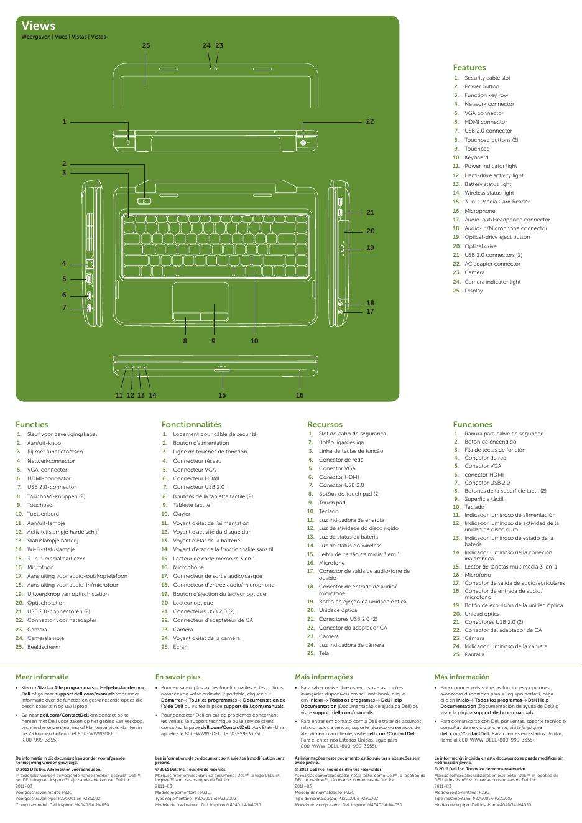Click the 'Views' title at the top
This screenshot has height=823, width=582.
click(x=38, y=26)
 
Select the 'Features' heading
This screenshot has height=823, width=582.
click(x=469, y=67)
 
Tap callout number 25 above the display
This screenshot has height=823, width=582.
click(x=146, y=45)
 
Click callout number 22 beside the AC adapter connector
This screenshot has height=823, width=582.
click(x=370, y=121)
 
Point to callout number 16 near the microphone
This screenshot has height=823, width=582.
click(x=300, y=395)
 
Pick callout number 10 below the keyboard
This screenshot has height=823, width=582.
click(x=254, y=341)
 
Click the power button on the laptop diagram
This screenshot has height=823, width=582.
click(x=144, y=200)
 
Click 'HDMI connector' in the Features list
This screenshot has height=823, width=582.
click(x=486, y=122)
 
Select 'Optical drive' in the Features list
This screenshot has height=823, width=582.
click(x=481, y=246)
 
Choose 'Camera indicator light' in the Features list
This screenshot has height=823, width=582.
click(x=492, y=282)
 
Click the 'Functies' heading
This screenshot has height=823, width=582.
click(x=32, y=424)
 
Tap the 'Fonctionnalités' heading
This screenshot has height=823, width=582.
click(x=191, y=424)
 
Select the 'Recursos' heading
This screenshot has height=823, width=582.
click(x=325, y=424)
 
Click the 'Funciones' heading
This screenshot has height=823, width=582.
click(x=473, y=424)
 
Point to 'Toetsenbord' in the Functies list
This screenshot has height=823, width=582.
click(x=43, y=514)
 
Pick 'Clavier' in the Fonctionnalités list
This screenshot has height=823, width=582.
click(x=182, y=514)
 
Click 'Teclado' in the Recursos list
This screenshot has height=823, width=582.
click(x=329, y=511)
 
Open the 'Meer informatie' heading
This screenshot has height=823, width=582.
click(x=42, y=677)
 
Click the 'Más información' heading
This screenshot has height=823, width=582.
click(x=462, y=677)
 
